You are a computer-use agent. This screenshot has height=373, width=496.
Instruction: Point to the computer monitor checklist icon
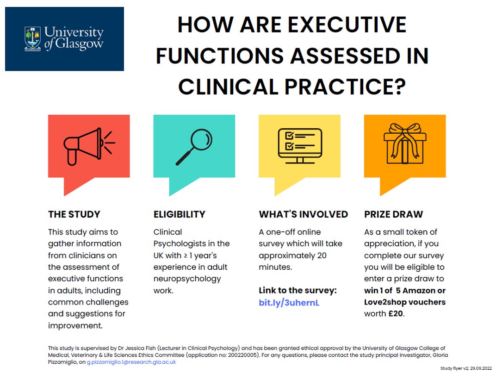pyautogui.click(x=299, y=145)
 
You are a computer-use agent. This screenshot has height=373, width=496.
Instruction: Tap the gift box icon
pyautogui.click(x=405, y=144)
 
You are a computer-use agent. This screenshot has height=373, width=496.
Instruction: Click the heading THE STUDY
pyautogui.click(x=74, y=214)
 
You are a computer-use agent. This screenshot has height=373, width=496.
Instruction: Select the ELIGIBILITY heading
pyautogui.click(x=179, y=214)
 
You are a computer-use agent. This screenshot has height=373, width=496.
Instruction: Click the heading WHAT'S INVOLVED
pyautogui.click(x=303, y=214)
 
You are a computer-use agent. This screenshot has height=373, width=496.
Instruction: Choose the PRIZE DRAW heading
pyautogui.click(x=393, y=214)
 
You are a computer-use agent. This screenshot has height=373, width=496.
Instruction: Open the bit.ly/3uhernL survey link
pyautogui.click(x=289, y=303)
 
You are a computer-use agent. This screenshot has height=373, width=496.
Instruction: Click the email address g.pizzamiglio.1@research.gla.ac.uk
pyautogui.click(x=131, y=362)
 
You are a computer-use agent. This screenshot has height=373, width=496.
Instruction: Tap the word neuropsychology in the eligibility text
pyautogui.click(x=187, y=279)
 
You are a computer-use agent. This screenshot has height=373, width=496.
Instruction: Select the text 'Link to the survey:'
pyautogui.click(x=298, y=291)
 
